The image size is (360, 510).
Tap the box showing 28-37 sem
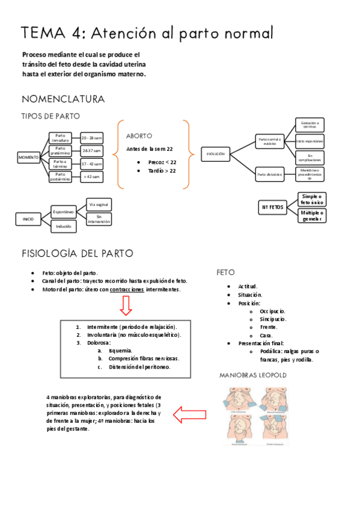coord(92,150)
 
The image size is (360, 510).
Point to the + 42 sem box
coord(92,176)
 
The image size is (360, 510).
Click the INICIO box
coord(28,219)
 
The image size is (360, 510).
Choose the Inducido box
coord(63,227)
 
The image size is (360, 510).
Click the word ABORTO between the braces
coord(139,136)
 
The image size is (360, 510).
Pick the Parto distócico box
coord(270,175)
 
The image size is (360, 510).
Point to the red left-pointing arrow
coord(193,414)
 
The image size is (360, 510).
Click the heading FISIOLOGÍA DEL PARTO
coord(78,253)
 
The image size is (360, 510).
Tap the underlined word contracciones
coord(127,289)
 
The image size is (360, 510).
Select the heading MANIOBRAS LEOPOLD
coord(252,375)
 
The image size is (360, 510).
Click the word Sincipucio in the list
coord(273,319)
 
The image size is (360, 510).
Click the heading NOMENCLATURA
coord(63,99)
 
